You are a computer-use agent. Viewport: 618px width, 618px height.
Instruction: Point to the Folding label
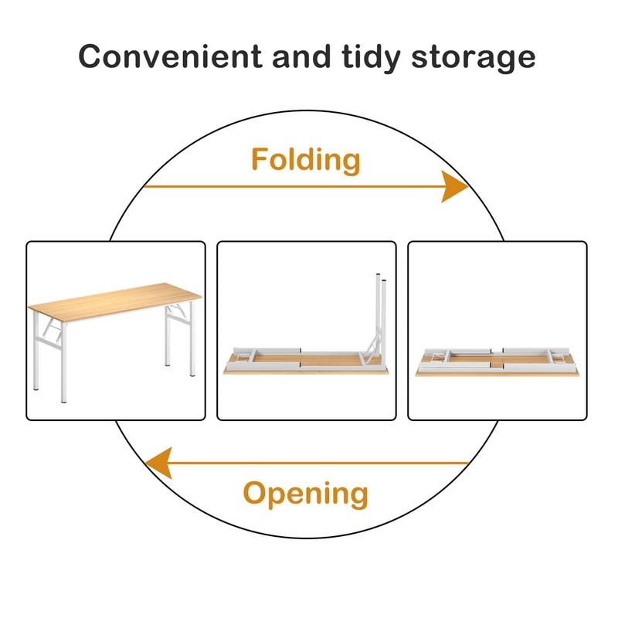[x=306, y=161]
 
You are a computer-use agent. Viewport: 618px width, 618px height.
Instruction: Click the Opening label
[x=306, y=493]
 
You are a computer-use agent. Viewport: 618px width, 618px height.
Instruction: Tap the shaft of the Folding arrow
[x=294, y=186]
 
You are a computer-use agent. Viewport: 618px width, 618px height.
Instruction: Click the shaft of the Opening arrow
[x=324, y=463]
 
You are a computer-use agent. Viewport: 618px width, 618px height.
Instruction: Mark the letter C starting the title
[x=92, y=56]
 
